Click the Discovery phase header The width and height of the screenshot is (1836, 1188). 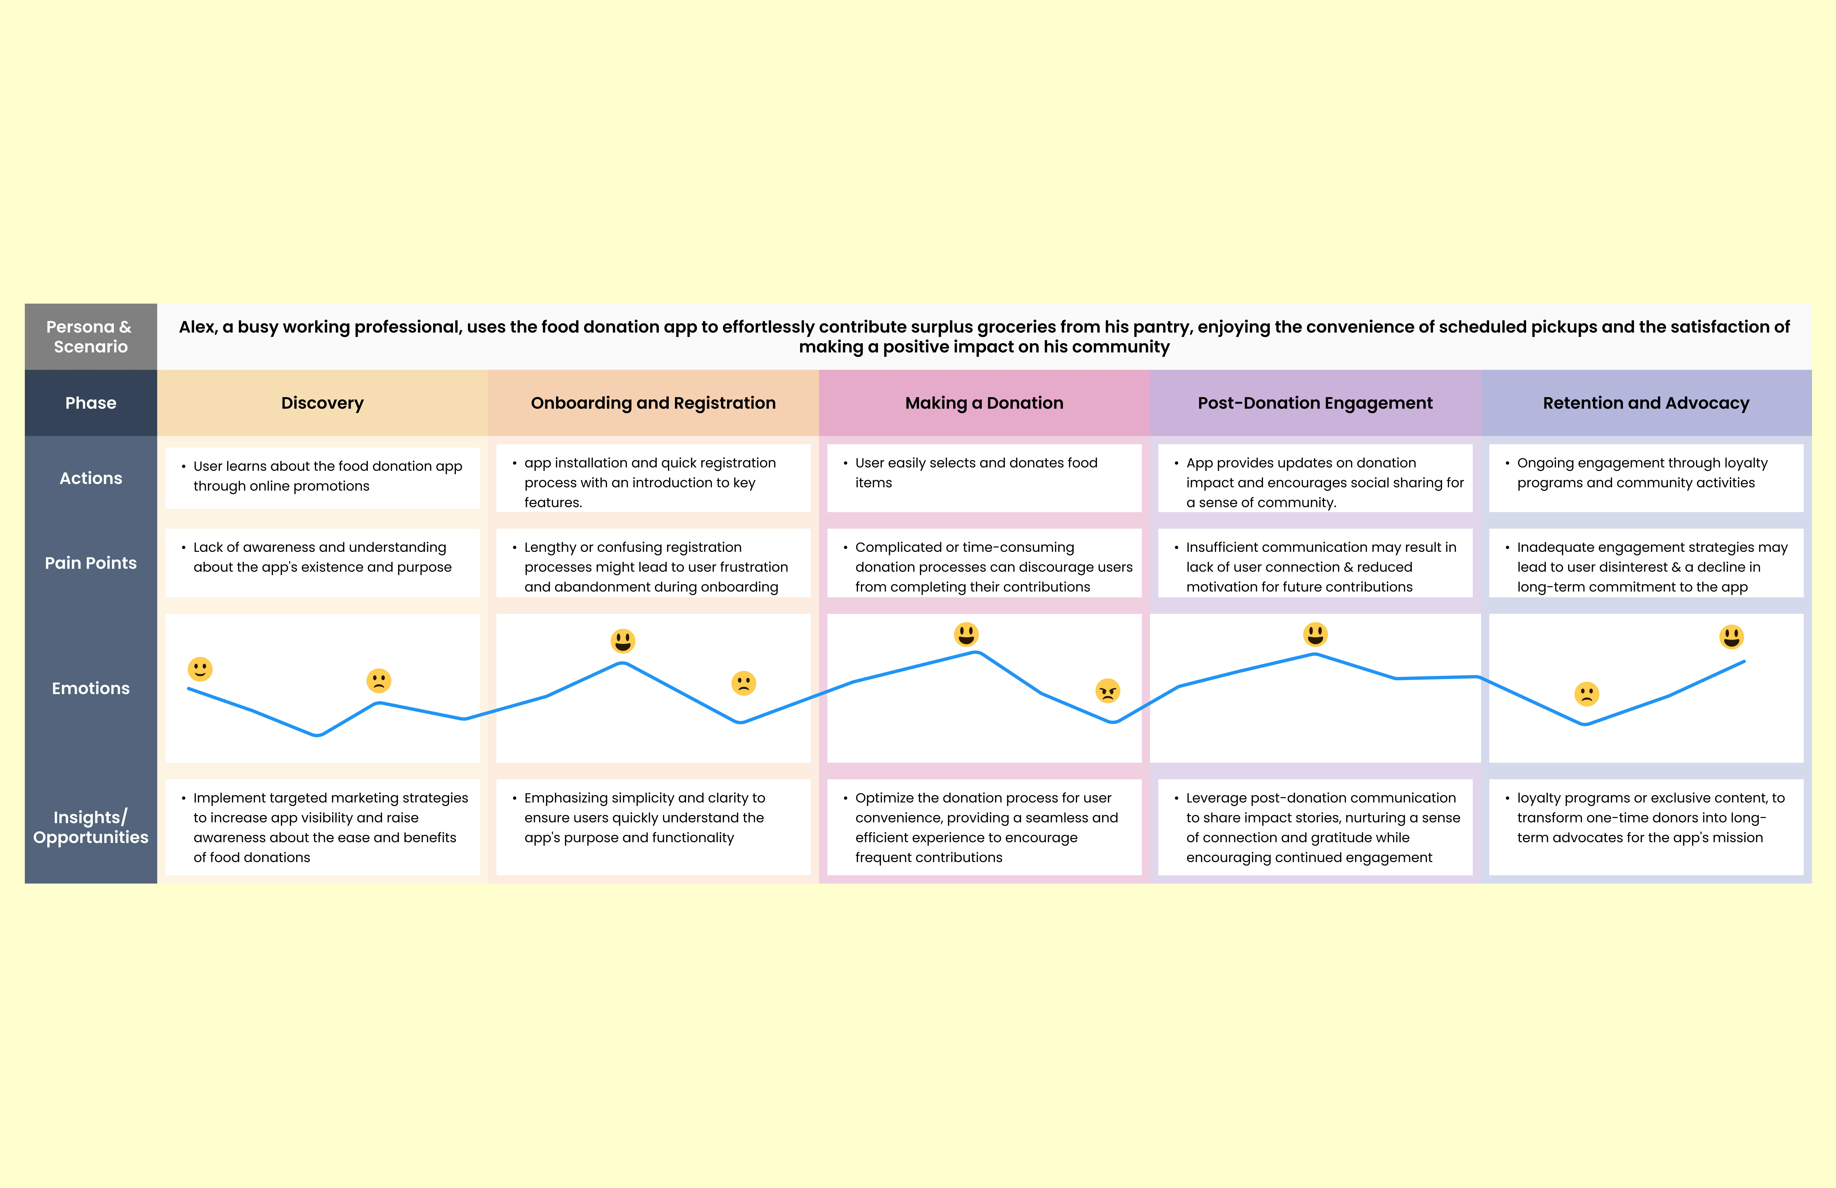pyautogui.click(x=322, y=403)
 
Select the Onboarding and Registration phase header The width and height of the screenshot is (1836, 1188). pyautogui.click(x=653, y=403)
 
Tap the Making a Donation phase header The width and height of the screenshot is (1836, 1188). pyautogui.click(x=984, y=403)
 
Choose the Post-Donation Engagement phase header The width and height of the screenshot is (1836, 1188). pyautogui.click(x=1315, y=403)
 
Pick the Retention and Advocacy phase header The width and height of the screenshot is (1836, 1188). pyautogui.click(x=1646, y=403)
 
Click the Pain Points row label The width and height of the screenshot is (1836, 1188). pyautogui.click(x=91, y=563)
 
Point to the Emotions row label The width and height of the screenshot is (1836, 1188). pyautogui.click(x=91, y=688)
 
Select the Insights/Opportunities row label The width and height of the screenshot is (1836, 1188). pyautogui.click(x=91, y=827)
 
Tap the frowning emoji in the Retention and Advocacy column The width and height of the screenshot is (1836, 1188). pyautogui.click(x=1587, y=693)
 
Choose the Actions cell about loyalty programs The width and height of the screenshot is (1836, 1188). pyautogui.click(x=1646, y=478)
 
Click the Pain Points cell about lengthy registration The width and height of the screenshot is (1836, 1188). pyautogui.click(x=653, y=563)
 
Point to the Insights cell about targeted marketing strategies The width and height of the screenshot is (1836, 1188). pyautogui.click(x=322, y=827)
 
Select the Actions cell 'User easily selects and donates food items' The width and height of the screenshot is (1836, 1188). pyautogui.click(x=984, y=478)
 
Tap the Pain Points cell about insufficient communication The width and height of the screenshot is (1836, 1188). pyautogui.click(x=1315, y=563)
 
